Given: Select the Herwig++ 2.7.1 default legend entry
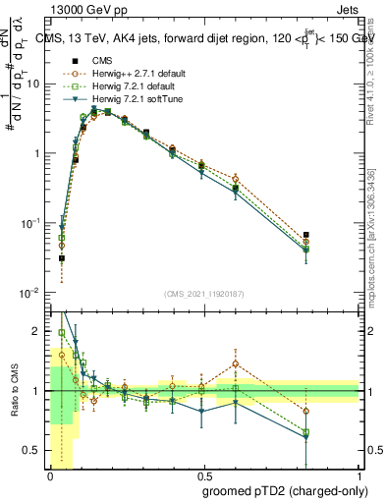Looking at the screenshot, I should pyautogui.click(x=135, y=73).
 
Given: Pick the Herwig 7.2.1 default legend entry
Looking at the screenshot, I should pyautogui.click(x=131, y=85).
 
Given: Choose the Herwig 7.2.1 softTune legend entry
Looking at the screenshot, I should pyautogui.click(x=133, y=98).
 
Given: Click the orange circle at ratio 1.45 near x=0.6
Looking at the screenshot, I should pyautogui.click(x=236, y=363).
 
